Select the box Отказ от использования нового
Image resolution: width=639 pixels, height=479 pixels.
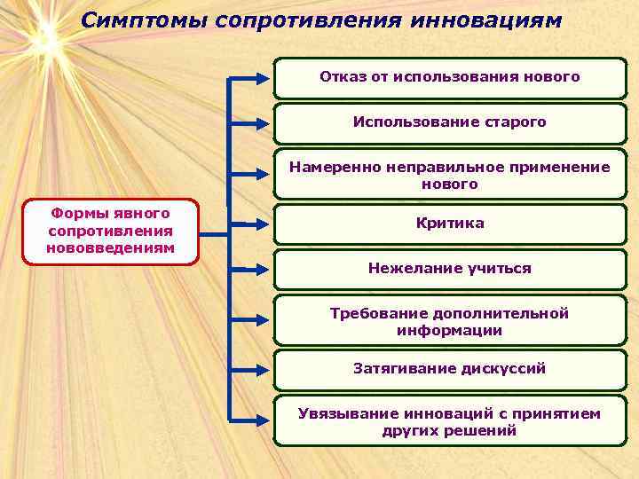pyautogui.click(x=450, y=77)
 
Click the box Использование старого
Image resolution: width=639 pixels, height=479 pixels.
pyautogui.click(x=450, y=122)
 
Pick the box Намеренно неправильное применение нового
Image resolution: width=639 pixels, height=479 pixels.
pyautogui.click(x=450, y=176)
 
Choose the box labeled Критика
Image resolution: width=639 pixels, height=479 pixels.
pyautogui.click(x=450, y=223)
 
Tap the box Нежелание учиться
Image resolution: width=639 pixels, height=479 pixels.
pyautogui.click(x=450, y=268)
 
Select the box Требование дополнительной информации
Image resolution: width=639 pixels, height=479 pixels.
pyautogui.click(x=450, y=321)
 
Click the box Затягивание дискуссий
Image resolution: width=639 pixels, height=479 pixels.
pyautogui.click(x=450, y=368)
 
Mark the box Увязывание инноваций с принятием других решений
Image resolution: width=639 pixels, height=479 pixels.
pyautogui.click(x=450, y=421)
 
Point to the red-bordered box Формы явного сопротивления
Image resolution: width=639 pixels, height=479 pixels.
pyautogui.click(x=111, y=230)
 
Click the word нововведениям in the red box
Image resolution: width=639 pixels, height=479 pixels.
pyautogui.click(x=111, y=247)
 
